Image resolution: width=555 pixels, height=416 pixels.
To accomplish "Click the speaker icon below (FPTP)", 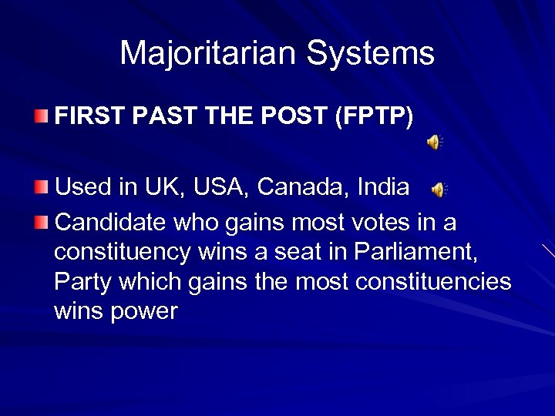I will (435, 142).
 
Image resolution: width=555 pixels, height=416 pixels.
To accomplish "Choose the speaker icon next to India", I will (439, 189).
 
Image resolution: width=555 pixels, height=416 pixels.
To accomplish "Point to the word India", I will (383, 187).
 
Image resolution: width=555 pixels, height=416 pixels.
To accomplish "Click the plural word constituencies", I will (433, 282).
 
